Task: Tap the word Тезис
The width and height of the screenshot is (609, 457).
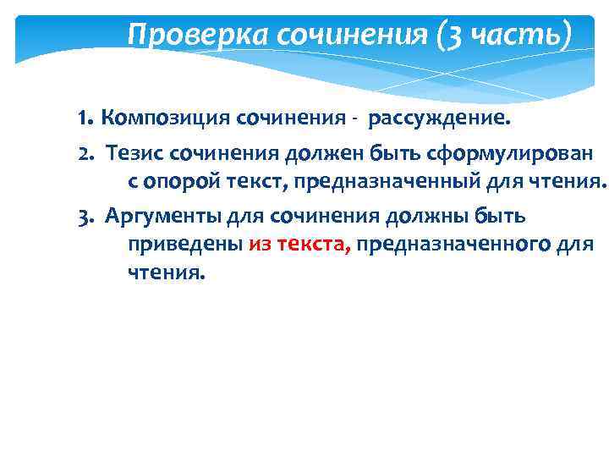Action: pos(134,154)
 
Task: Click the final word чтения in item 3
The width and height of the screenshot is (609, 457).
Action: pos(166,273)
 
